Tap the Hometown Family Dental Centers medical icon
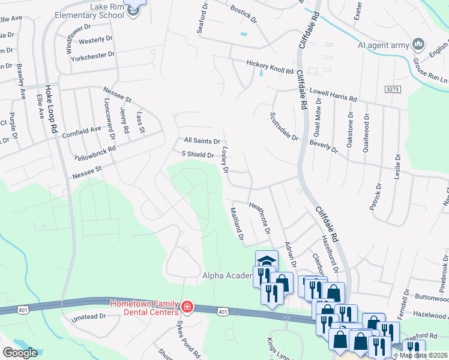[187, 308]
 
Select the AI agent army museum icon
[418, 44]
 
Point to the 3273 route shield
[393, 89]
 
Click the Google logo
[20, 353]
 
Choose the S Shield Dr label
[198, 154]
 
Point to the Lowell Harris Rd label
[333, 95]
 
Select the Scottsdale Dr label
[283, 127]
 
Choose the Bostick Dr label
[243, 15]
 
